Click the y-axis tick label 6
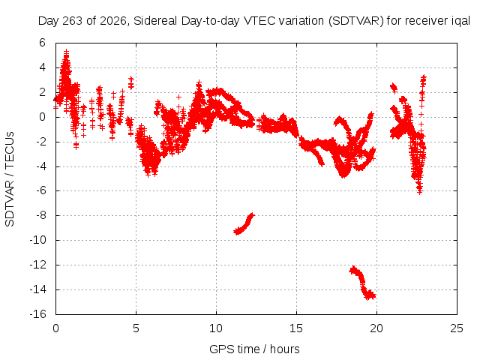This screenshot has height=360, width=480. coord(42,43)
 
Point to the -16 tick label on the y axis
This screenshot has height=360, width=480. coord(38,314)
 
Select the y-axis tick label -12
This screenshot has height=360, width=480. coord(38,265)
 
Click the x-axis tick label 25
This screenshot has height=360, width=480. coord(457,328)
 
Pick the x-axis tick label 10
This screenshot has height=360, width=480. coord(216,328)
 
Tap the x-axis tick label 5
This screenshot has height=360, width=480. coord(136,328)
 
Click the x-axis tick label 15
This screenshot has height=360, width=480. coord(296,328)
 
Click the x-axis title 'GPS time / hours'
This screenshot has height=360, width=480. coord(254,349)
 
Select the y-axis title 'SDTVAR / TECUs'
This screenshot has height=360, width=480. coord(10,179)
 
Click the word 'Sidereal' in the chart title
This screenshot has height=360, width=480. coord(155,21)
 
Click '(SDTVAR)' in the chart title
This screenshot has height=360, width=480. coord(356,21)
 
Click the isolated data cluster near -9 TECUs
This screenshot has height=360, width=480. coord(244,224)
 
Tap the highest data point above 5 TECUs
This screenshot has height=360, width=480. coord(66,52)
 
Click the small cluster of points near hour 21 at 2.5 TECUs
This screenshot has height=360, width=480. coord(394,88)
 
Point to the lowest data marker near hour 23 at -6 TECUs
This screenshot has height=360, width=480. coord(420,191)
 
